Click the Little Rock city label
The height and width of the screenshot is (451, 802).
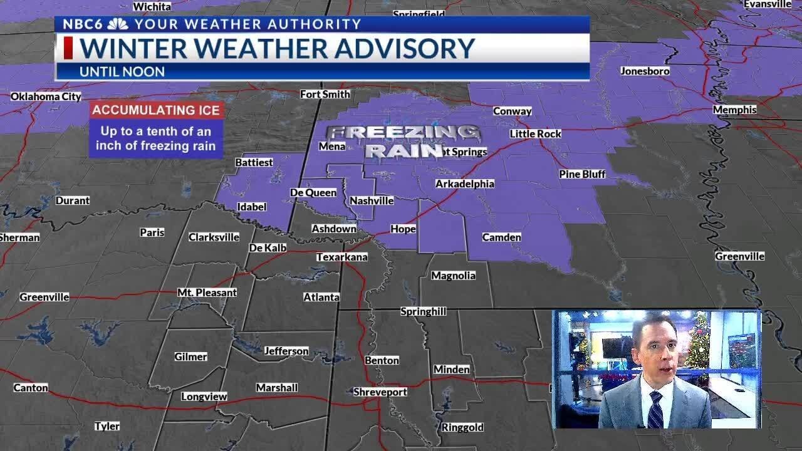tap(535, 133)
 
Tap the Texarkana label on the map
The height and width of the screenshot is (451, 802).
tap(341, 257)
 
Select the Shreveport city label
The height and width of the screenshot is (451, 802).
tap(380, 391)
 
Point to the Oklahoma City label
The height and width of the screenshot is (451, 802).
tap(46, 96)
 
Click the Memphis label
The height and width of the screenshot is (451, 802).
tap(734, 110)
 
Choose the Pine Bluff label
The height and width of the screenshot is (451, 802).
tap(582, 174)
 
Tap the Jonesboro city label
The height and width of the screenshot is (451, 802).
tap(645, 71)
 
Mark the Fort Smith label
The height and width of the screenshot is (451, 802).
tap(325, 94)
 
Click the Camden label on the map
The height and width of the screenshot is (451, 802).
tap(501, 237)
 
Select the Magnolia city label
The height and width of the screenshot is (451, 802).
tap(453, 275)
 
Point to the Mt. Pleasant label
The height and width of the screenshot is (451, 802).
tap(207, 293)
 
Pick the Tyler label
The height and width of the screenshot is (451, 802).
tap(107, 426)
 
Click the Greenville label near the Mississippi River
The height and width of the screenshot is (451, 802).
tap(739, 256)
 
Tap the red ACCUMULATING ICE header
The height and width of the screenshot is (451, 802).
tap(156, 110)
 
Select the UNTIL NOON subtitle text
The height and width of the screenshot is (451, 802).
tap(122, 71)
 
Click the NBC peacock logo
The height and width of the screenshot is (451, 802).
tap(117, 24)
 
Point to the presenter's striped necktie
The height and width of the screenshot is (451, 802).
tap(655, 410)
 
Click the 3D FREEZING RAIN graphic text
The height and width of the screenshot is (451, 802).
tap(404, 142)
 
